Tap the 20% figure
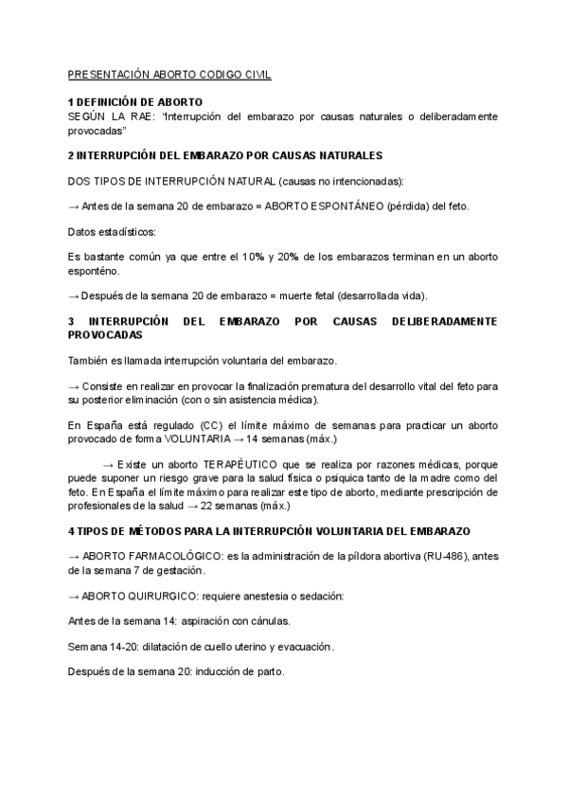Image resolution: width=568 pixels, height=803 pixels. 289,257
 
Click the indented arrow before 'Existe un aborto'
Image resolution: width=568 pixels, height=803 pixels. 107,465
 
